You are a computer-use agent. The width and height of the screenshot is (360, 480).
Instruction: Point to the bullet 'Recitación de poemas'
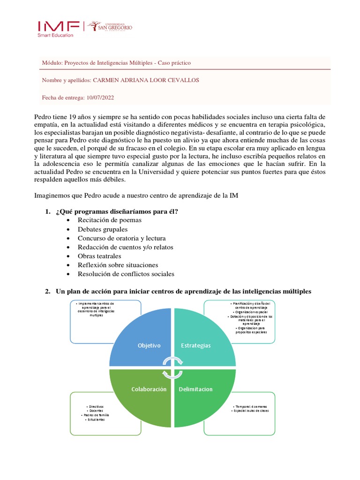[x=110, y=220]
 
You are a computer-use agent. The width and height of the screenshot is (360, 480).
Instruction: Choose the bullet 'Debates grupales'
[x=103, y=229]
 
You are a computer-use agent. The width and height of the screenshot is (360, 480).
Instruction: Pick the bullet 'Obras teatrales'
[x=99, y=256]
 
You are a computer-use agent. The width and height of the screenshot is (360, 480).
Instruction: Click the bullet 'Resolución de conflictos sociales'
[x=126, y=274]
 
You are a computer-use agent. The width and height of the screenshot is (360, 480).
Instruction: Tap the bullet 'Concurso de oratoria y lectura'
[x=122, y=238]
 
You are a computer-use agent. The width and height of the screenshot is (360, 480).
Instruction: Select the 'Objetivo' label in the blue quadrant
[x=149, y=345]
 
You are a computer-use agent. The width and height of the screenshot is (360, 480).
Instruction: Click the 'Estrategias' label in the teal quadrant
[x=195, y=345]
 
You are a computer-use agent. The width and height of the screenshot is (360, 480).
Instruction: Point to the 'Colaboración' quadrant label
[x=149, y=389]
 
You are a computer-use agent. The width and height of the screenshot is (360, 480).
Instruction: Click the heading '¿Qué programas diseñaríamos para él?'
[x=117, y=211]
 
